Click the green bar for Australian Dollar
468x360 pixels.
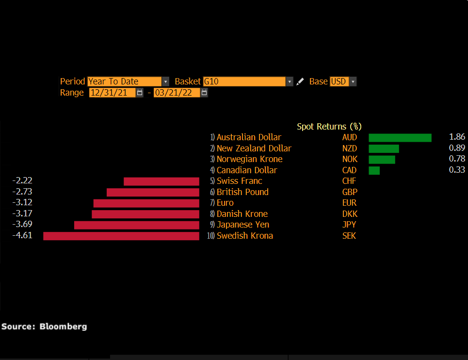coord(400,138)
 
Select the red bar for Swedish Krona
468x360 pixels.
coord(121,236)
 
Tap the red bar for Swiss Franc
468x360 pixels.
coord(161,181)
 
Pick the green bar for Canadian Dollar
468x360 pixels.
coord(374,170)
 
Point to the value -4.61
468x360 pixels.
coord(22,235)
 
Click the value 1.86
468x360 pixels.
coord(457,137)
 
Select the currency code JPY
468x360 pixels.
coord(349,225)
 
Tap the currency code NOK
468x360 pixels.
coord(350,159)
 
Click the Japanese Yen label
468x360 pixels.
coord(243,225)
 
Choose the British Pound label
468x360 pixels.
coord(242,192)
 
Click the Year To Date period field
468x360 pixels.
coord(124,82)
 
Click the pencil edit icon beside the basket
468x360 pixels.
coord(301,82)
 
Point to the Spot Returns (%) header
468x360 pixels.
coord(329,127)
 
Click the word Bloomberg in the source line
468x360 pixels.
coord(63,327)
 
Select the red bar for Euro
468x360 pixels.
coord(146,203)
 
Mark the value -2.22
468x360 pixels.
coord(22,180)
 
